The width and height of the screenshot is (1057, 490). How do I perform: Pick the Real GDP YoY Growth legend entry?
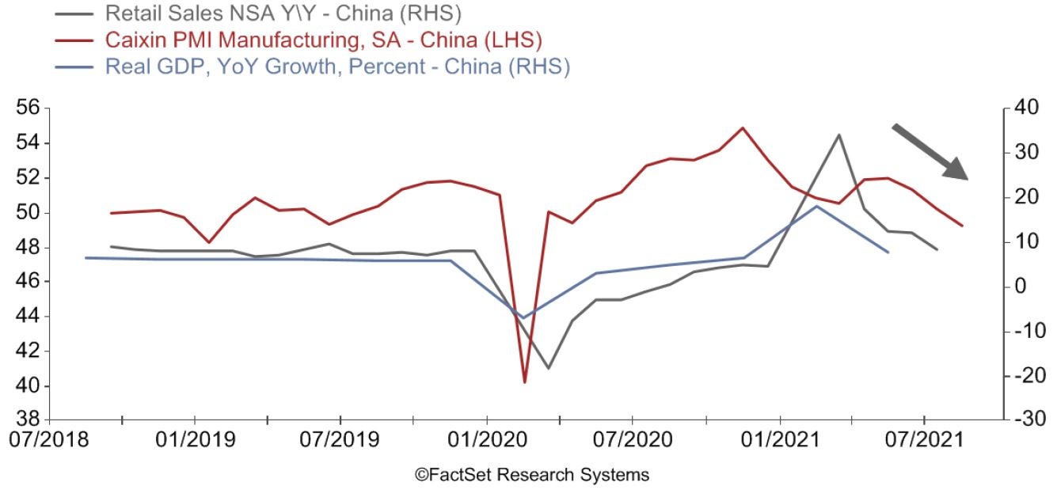[336, 66]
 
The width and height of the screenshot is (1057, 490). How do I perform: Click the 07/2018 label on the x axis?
[49, 438]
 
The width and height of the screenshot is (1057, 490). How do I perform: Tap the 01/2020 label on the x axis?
[486, 438]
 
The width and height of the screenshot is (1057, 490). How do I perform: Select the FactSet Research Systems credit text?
[531, 475]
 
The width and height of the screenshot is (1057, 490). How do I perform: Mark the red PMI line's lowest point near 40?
[524, 382]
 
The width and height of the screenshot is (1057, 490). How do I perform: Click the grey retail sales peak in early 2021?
[838, 135]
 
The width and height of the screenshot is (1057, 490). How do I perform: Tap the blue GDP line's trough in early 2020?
[523, 318]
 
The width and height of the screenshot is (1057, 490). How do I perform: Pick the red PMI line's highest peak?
[742, 127]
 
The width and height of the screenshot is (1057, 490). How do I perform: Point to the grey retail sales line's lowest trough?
[548, 368]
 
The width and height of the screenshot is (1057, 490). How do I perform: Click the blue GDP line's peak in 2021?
[816, 206]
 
